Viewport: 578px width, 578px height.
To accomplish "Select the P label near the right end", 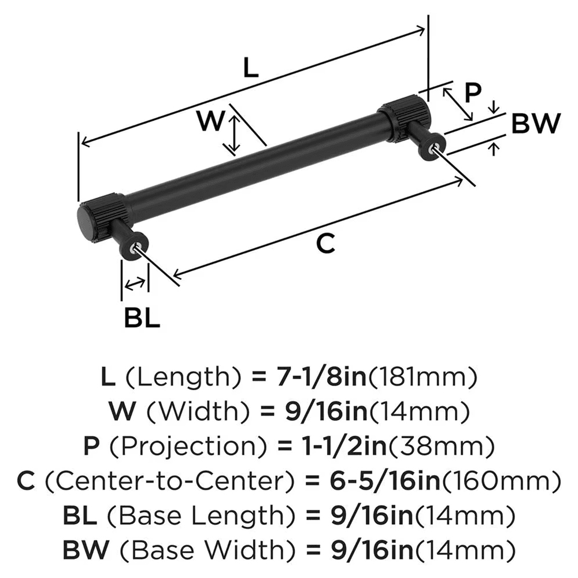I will tap(473, 92).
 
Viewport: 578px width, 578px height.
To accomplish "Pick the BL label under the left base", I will tap(142, 318).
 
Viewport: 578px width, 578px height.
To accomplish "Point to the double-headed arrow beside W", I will tap(233, 135).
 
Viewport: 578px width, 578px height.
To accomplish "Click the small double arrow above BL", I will tap(135, 284).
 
